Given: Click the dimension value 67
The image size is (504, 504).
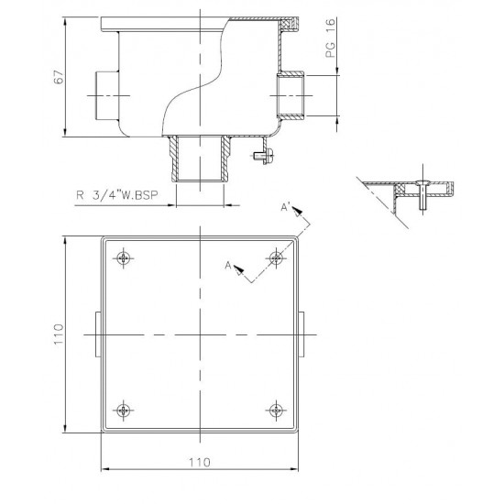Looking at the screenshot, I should click(57, 78).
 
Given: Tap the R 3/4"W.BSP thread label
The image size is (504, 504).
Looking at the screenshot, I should click(115, 194).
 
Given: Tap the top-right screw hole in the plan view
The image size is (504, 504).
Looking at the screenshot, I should click(275, 257).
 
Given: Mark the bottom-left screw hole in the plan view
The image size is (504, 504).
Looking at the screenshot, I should click(124, 409).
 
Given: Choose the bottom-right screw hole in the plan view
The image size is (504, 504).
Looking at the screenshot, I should click(275, 409).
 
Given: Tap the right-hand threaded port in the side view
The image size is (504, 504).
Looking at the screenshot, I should click(292, 94).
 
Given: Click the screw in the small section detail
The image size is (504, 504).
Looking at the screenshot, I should click(421, 193).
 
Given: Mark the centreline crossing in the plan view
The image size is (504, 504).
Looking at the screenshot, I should click(199, 334).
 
